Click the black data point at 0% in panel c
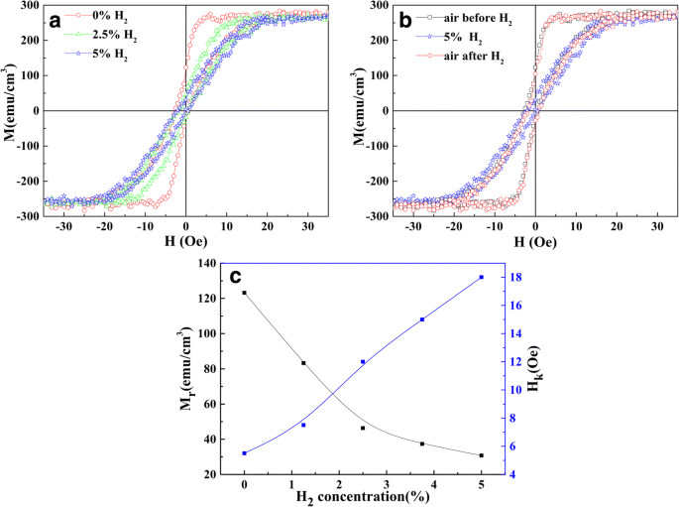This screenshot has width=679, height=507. click(x=244, y=293)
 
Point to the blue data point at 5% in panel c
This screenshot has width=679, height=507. click(x=482, y=277)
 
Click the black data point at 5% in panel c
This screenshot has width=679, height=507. click(x=482, y=455)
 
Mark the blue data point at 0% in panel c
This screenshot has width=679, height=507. click(x=244, y=453)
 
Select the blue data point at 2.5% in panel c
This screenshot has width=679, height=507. click(x=363, y=362)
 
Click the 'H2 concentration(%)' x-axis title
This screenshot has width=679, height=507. click(x=363, y=499)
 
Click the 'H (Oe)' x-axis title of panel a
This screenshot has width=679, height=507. click(x=185, y=241)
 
